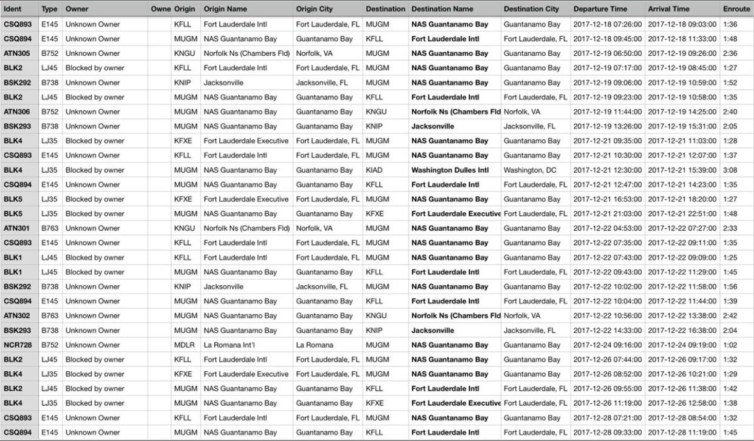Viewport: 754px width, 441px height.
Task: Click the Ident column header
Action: (x=13, y=9)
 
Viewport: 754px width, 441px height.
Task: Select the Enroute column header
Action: (x=736, y=9)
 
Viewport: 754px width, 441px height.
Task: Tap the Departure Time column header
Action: (x=600, y=9)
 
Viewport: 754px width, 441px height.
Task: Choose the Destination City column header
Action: (x=531, y=9)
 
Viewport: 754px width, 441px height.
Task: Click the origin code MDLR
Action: (x=183, y=345)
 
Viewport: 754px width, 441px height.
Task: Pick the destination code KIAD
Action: (x=375, y=170)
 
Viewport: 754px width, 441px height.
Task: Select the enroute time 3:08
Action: (x=730, y=170)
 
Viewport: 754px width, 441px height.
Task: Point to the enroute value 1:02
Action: (x=730, y=345)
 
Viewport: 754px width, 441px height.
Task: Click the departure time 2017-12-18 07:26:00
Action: (x=608, y=24)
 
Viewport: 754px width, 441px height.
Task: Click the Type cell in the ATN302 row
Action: (x=49, y=316)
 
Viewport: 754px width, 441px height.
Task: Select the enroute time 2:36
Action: (x=730, y=53)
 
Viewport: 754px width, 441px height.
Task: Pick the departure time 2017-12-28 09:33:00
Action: (x=608, y=433)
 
